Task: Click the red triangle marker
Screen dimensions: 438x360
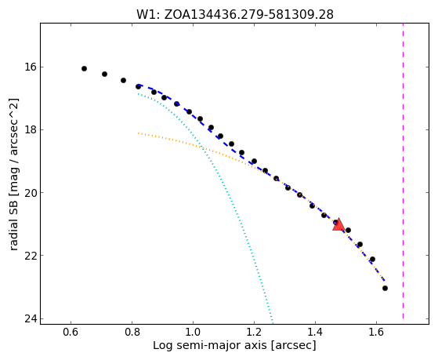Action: point(338,225)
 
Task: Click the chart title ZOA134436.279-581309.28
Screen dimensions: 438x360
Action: point(248,15)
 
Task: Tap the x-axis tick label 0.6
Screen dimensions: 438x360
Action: point(71,332)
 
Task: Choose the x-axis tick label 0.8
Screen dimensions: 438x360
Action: point(132,332)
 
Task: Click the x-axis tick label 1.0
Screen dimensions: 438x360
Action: point(193,332)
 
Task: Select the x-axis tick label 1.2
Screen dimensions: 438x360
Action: point(254,332)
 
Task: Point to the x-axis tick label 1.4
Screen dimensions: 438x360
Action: point(315,332)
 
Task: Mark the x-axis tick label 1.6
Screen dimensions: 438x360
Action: point(376,332)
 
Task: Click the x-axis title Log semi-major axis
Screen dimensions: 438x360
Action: point(210,346)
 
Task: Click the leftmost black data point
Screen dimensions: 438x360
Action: point(84,68)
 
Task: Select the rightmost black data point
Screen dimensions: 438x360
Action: point(385,288)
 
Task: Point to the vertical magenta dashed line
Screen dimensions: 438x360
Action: point(403,171)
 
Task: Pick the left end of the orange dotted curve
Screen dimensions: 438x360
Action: point(138,133)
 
